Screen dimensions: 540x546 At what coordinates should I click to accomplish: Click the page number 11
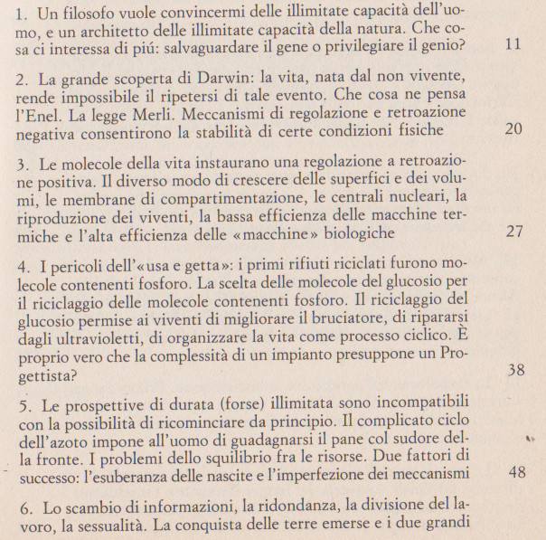[513, 43]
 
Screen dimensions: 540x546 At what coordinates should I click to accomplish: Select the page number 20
[513, 128]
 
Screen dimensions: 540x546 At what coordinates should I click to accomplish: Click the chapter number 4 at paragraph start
[23, 266]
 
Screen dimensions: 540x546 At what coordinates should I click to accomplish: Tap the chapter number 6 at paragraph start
[23, 505]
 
